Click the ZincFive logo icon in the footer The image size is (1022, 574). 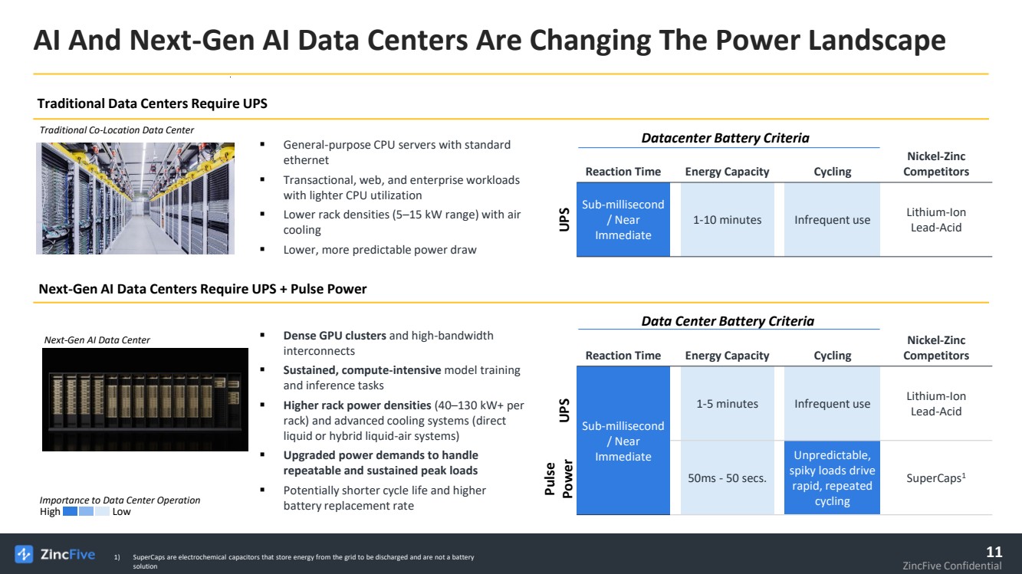pos(24,554)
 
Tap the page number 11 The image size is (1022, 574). pos(994,552)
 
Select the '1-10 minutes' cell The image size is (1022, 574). pos(728,220)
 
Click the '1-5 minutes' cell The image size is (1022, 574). pos(728,404)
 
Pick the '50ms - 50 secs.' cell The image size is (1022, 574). pos(728,477)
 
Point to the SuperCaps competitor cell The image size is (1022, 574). pos(936,477)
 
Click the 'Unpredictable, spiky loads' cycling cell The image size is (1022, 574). pos(832,477)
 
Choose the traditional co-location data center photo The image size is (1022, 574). pos(135,198)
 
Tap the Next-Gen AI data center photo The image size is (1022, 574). pos(145,399)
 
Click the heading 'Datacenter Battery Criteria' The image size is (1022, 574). pos(725,138)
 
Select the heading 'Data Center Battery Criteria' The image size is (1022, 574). pos(728,321)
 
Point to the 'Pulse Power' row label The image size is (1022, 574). pos(558,479)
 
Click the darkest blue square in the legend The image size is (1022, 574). pos(70,511)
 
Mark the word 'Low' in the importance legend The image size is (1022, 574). pos(121,511)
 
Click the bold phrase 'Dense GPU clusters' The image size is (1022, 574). pos(335,336)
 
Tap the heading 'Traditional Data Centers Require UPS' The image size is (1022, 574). pos(153,103)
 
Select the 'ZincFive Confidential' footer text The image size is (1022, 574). pos(951,566)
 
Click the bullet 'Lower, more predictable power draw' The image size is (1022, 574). pos(380,250)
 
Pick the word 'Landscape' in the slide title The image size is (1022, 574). pos(877,40)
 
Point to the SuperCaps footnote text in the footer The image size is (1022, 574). pos(304,561)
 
